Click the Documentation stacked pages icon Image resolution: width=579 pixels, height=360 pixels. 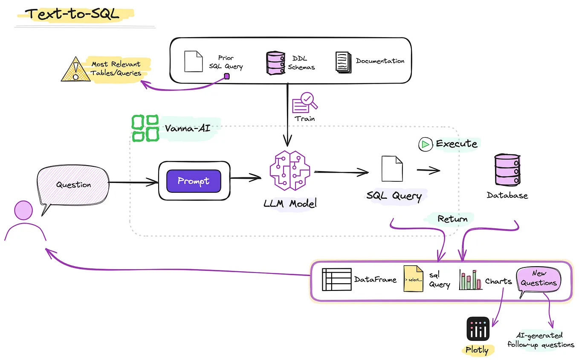pos(343,61)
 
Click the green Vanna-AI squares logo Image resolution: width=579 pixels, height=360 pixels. pos(145,128)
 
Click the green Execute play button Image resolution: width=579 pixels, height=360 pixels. pos(425,144)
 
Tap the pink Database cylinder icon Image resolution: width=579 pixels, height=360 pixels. pos(507,170)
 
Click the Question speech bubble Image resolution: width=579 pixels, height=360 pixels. pos(73,185)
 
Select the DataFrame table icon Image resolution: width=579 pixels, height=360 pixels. pos(336,280)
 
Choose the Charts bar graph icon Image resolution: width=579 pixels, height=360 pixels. pos(470,280)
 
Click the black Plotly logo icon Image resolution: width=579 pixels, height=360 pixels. pos(478,328)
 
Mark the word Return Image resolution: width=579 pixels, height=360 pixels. pos(452,219)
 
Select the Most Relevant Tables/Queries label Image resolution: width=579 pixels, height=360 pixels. pos(116,68)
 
